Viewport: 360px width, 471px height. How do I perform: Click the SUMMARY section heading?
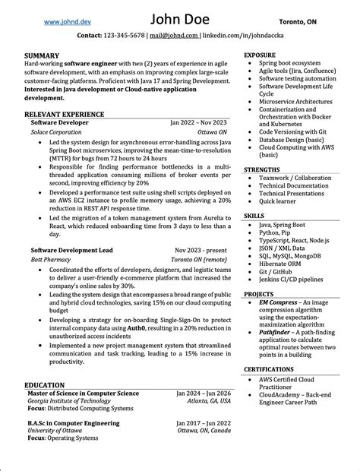[42, 56]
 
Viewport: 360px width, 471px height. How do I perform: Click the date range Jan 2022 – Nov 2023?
[198, 122]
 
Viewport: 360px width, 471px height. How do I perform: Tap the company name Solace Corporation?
[55, 131]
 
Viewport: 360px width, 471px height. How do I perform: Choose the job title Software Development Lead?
[71, 249]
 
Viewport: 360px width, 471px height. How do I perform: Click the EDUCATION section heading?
[44, 385]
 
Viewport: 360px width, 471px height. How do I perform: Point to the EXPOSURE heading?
[260, 56]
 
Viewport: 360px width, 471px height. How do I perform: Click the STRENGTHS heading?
[262, 169]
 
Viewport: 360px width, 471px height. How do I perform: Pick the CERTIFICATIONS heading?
[268, 369]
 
